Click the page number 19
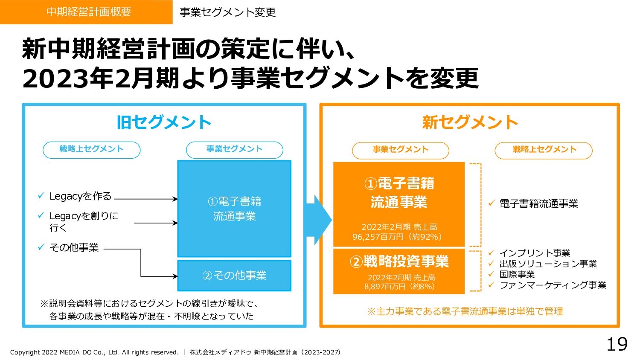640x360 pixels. (x=617, y=344)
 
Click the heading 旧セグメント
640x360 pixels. (x=164, y=122)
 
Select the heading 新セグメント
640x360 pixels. (x=470, y=122)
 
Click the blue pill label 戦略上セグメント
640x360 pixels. (x=91, y=150)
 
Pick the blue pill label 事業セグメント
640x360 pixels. (x=234, y=150)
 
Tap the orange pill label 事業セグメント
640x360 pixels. (x=400, y=150)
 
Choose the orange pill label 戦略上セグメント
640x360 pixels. (x=544, y=150)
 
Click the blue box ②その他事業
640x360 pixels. (x=234, y=276)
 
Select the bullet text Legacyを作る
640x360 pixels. (x=80, y=196)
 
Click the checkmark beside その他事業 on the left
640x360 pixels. (x=41, y=247)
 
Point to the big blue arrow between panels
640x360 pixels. (x=319, y=220)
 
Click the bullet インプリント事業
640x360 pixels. (x=535, y=253)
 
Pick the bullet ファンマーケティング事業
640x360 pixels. (x=553, y=285)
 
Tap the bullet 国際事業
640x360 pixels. (x=517, y=274)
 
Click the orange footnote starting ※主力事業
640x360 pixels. (x=465, y=311)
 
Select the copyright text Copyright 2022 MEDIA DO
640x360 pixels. (x=94, y=352)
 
